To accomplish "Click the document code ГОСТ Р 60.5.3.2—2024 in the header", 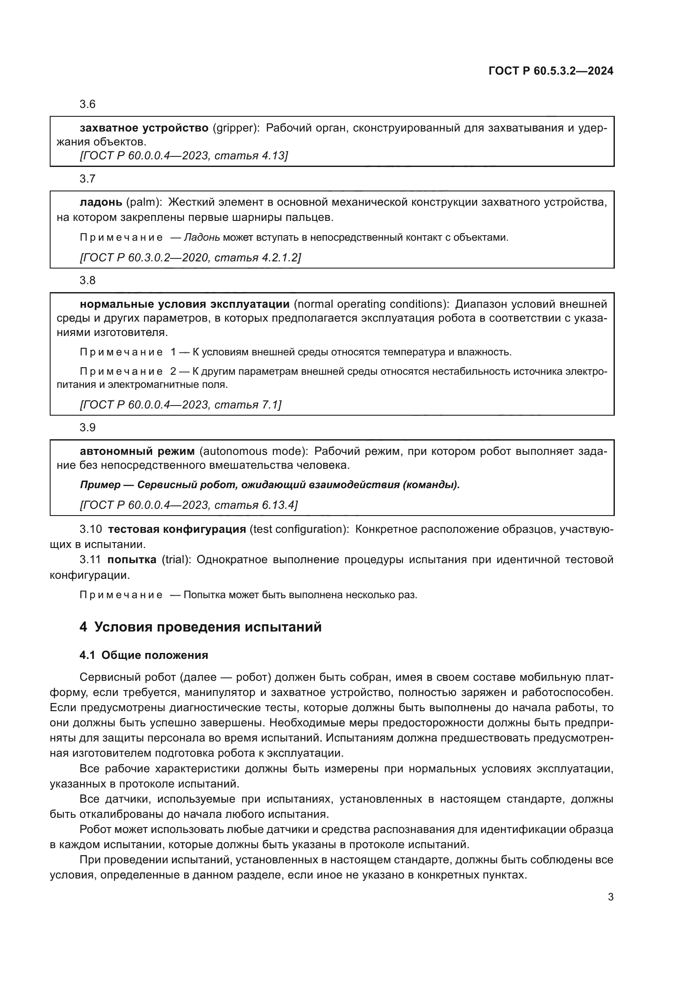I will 551,71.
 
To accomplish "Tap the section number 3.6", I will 88,105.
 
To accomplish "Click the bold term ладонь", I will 101,202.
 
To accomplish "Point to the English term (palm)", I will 144,202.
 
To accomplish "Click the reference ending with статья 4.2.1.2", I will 190,258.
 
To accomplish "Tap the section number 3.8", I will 88,281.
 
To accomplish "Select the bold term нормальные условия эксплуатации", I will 185,304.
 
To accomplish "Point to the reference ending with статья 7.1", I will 181,405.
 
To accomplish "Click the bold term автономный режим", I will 137,451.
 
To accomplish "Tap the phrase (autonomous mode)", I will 254,451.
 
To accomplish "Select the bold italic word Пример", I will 100,485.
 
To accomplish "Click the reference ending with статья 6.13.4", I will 189,505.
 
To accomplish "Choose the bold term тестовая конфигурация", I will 177,529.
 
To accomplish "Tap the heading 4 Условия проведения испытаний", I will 201,627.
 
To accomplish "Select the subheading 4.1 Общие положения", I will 144,656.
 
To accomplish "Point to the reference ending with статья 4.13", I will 184,156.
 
